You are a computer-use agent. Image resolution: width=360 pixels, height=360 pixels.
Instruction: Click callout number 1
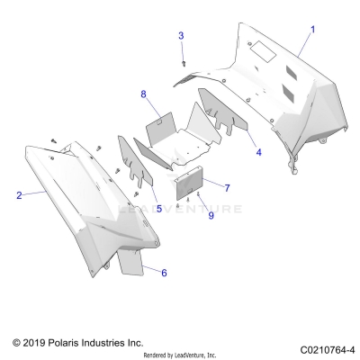[313, 30]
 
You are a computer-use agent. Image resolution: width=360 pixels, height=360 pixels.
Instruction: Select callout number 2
[19, 194]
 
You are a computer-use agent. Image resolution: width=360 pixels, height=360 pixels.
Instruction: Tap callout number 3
[181, 35]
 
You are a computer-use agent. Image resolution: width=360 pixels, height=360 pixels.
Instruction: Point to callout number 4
[258, 153]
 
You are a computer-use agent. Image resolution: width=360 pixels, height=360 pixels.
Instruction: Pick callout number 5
[158, 209]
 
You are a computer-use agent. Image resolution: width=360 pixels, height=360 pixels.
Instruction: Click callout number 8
[143, 94]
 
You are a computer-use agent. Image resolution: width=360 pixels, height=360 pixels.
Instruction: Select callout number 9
[211, 215]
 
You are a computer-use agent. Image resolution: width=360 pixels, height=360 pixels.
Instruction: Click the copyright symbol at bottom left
[16, 343]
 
